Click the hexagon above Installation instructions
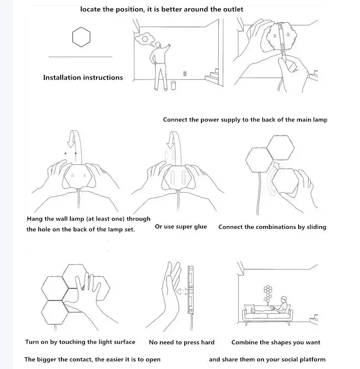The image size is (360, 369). point(81,37)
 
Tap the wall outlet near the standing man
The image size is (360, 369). point(185,74)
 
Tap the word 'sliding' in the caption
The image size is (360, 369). point(314,227)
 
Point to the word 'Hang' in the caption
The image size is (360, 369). point(35,219)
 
